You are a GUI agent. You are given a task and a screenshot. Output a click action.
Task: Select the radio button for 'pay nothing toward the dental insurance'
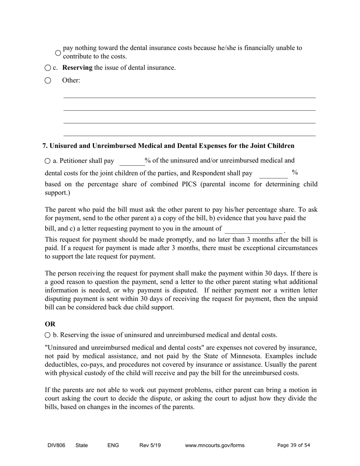pyautogui.click(x=58, y=53)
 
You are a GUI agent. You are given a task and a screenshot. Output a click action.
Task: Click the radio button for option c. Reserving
pyautogui.click(x=47, y=68)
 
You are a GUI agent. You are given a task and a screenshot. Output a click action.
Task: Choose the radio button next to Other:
pyautogui.click(x=47, y=80)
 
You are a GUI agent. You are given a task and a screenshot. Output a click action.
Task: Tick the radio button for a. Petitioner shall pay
pyautogui.click(x=47, y=161)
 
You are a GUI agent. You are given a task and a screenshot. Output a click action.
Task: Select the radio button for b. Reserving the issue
pyautogui.click(x=47, y=335)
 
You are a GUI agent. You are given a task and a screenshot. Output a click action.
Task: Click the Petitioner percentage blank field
pyautogui.click(x=132, y=162)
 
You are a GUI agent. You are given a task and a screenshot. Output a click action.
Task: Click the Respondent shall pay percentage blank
pyautogui.click(x=273, y=174)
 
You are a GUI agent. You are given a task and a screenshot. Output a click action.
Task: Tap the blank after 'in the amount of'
pyautogui.click(x=253, y=229)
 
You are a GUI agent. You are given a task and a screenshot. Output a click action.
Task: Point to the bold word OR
pyautogui.click(x=50, y=324)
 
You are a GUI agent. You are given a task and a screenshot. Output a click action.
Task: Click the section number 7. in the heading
pyautogui.click(x=45, y=146)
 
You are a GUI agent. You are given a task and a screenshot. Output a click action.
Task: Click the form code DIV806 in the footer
pyautogui.click(x=56, y=446)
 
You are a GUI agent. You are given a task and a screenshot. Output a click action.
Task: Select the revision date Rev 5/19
pyautogui.click(x=150, y=446)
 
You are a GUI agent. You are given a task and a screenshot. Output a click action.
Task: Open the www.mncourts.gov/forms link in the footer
pyautogui.click(x=214, y=446)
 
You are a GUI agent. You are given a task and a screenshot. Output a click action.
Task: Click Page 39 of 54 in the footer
pyautogui.click(x=294, y=446)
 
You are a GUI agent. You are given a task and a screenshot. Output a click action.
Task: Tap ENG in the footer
pyautogui.click(x=113, y=446)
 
